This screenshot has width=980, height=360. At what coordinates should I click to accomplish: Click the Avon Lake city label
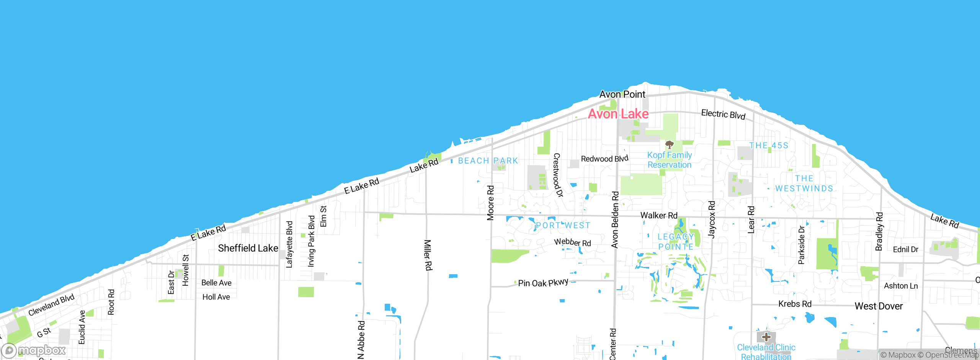click(x=618, y=114)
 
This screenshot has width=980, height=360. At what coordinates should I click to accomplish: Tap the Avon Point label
click(x=622, y=94)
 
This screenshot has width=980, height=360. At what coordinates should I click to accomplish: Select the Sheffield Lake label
click(x=248, y=248)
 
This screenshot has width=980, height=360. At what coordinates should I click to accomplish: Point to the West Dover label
click(x=879, y=306)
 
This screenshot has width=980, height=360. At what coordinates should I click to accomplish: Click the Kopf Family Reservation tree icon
click(x=669, y=145)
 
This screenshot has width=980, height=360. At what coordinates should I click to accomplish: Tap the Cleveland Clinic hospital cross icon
click(x=766, y=337)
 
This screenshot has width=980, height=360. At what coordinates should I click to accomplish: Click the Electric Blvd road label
click(x=723, y=114)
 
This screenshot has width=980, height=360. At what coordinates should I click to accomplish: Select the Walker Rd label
click(x=659, y=215)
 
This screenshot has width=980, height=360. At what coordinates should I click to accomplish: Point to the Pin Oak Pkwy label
click(x=543, y=283)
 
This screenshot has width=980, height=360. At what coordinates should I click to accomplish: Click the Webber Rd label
click(x=572, y=242)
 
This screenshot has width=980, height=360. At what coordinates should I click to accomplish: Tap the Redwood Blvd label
click(x=604, y=159)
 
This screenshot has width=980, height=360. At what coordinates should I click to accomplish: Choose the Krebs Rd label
click(x=795, y=304)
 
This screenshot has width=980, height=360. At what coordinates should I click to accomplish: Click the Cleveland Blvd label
click(x=51, y=305)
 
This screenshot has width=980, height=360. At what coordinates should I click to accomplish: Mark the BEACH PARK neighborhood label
click(x=488, y=160)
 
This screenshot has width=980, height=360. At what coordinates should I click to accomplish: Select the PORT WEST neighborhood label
click(x=563, y=225)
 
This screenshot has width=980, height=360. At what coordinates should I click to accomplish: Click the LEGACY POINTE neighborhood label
click(x=676, y=242)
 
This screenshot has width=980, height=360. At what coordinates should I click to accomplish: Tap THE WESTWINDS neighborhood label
click(x=804, y=183)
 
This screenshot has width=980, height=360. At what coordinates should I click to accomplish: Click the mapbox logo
click(x=34, y=350)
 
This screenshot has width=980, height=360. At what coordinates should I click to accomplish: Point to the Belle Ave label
click(x=216, y=283)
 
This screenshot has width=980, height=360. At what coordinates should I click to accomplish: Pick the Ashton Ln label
click(x=901, y=286)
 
